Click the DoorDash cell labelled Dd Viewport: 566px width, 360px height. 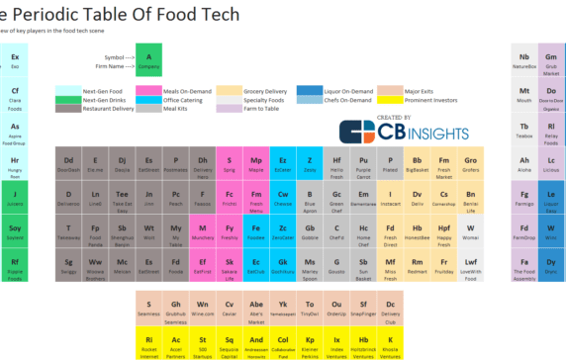click(x=69, y=163)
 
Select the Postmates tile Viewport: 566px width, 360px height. click(x=176, y=163)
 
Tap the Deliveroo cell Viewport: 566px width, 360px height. click(x=69, y=198)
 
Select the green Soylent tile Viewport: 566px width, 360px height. click(x=15, y=232)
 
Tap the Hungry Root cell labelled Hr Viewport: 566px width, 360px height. click(x=15, y=163)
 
